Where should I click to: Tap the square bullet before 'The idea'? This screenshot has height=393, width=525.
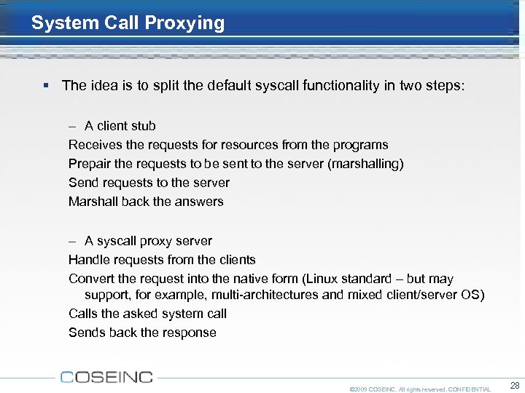[46, 86]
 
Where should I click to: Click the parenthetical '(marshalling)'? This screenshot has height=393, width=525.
[366, 164]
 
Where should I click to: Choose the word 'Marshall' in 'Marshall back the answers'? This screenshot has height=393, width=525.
[93, 202]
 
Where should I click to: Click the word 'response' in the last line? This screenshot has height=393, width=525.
[192, 333]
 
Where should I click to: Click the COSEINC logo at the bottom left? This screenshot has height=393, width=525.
[106, 377]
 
